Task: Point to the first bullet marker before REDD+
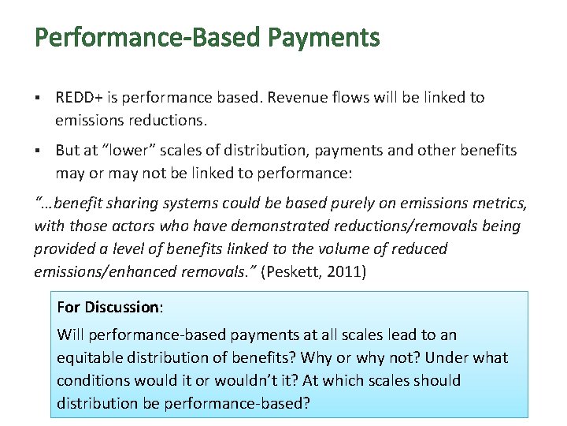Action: [38, 98]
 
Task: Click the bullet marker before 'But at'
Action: [38, 150]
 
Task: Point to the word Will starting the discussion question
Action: [69, 334]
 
